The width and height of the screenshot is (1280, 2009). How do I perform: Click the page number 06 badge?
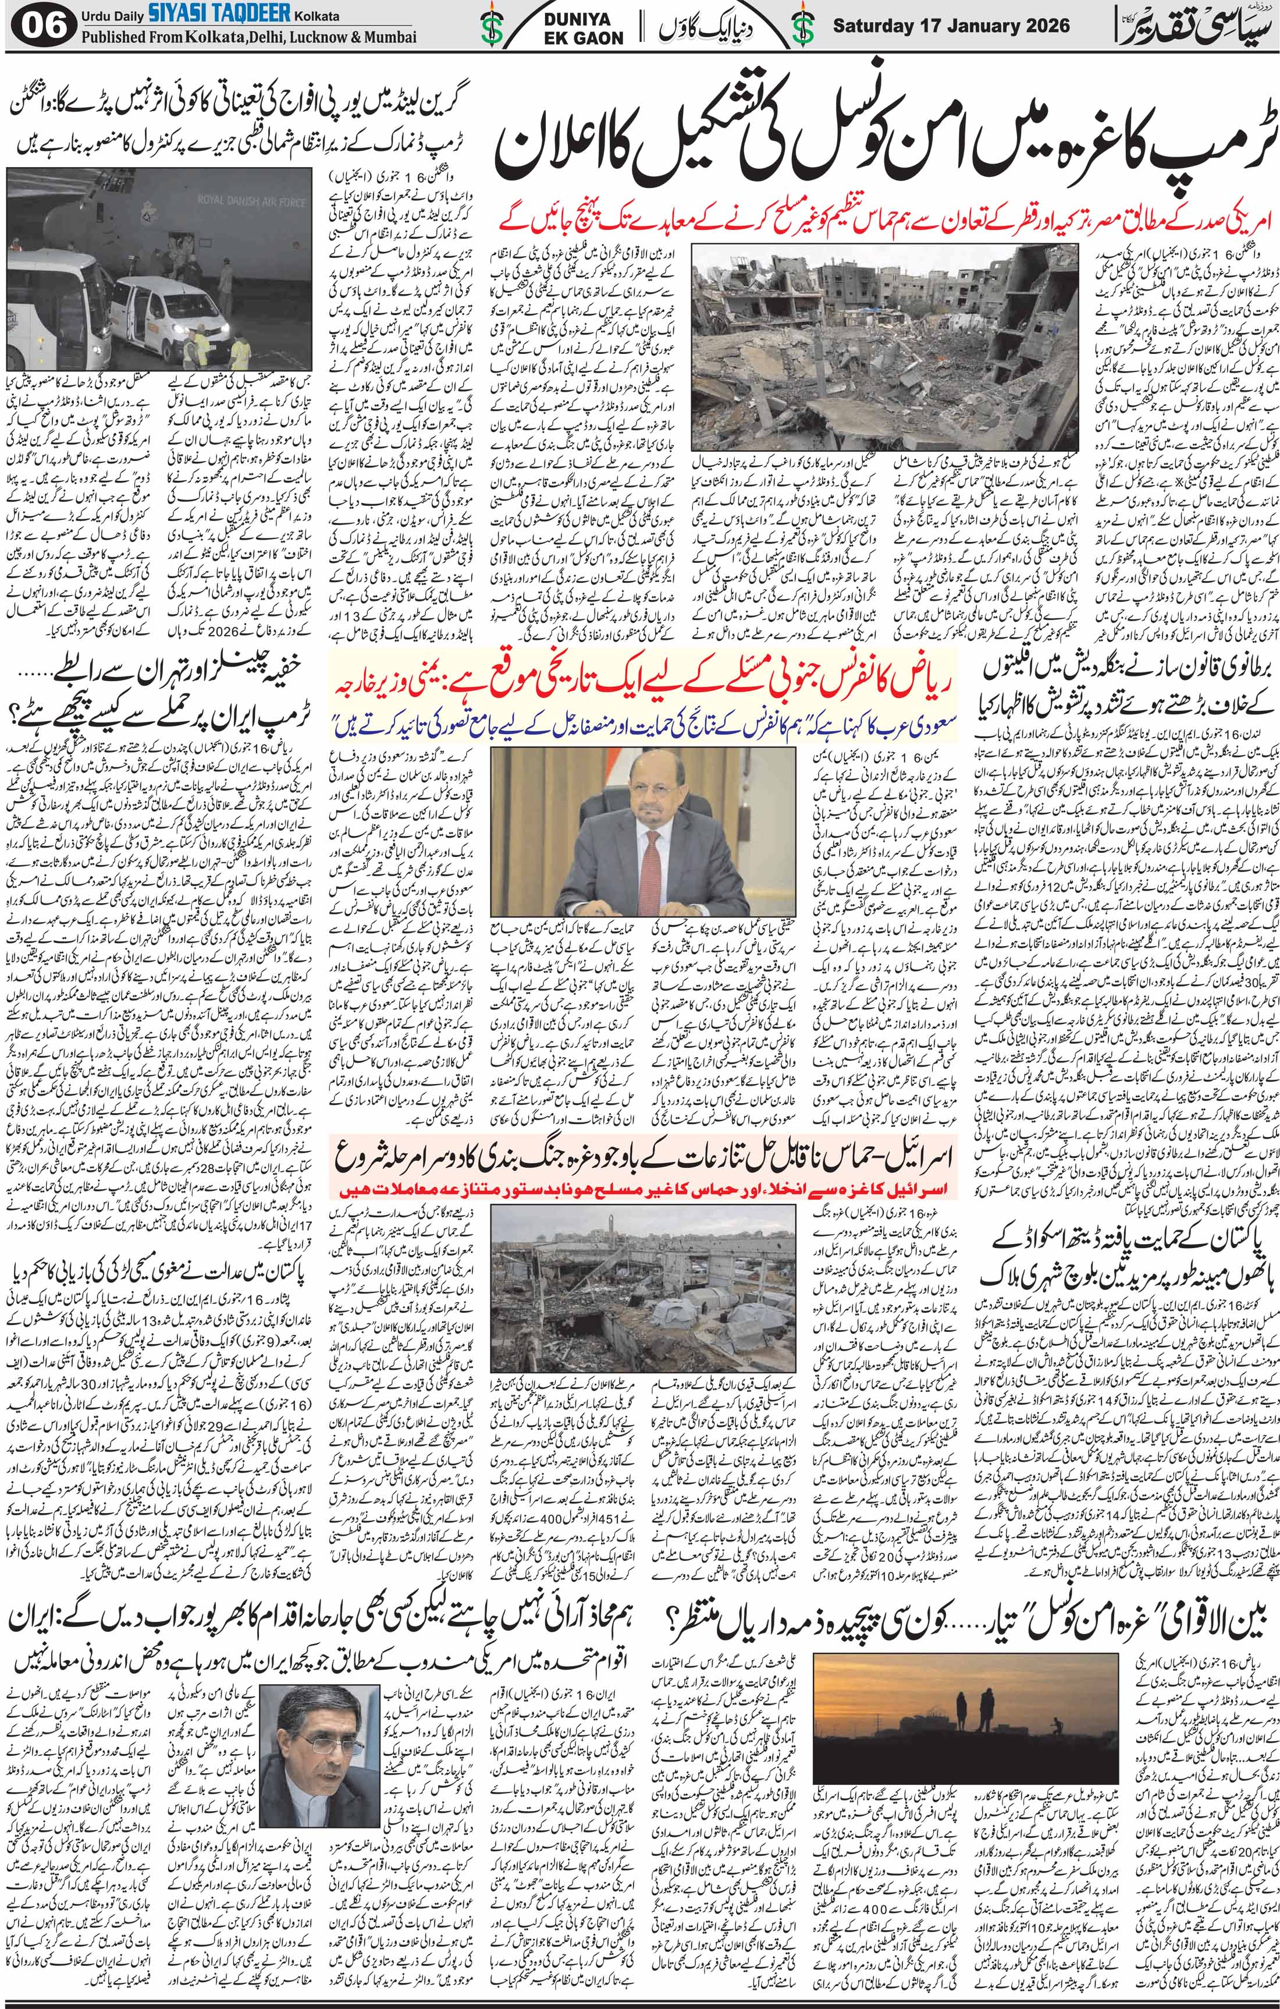point(38,27)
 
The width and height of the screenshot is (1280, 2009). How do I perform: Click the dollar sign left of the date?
point(803,29)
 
